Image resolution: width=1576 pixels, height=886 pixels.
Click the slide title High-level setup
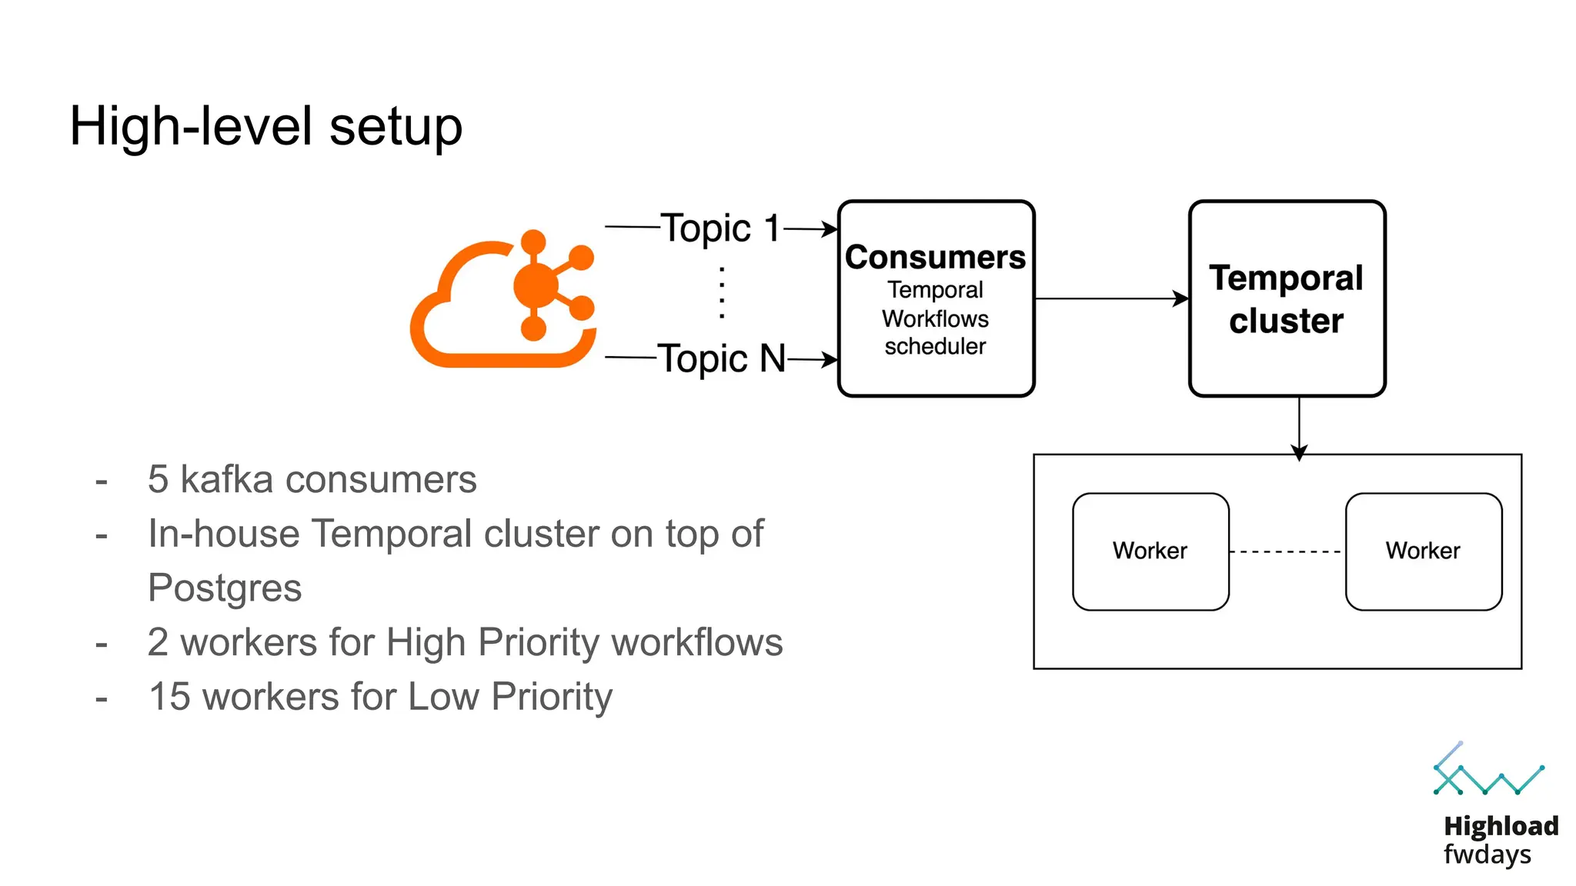[265, 126]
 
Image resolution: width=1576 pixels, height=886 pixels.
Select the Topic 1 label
[720, 228]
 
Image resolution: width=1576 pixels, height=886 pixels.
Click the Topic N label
[721, 358]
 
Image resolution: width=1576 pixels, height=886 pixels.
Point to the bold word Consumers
[935, 257]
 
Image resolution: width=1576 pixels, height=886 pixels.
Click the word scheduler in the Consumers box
[935, 347]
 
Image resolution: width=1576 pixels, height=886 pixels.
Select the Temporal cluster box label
[1286, 299]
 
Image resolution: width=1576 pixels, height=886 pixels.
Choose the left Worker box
[1150, 551]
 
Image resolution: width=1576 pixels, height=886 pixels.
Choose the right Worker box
[1423, 551]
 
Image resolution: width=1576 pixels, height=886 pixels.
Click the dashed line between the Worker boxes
[1286, 551]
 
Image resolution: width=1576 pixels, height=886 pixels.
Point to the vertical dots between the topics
[722, 293]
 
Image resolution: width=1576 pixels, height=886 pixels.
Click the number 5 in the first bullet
[158, 480]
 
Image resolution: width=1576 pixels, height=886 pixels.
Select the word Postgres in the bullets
[225, 588]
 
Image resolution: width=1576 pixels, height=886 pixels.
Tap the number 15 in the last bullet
[169, 697]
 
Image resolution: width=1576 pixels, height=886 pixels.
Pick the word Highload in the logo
[1501, 826]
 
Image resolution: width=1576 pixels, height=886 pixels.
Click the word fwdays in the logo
[1487, 854]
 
